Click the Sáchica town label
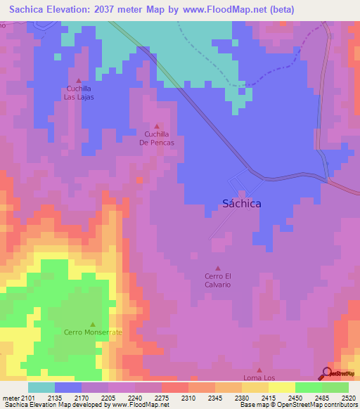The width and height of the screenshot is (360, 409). click(241, 203)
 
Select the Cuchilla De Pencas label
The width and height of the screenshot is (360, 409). click(156, 138)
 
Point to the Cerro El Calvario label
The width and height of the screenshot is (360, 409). click(217, 280)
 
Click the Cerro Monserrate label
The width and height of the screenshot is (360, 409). click(93, 332)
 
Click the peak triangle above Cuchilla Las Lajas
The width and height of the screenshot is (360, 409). click(78, 80)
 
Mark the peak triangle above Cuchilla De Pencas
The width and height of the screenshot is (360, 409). click(156, 126)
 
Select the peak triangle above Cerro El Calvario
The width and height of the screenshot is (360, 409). click(217, 268)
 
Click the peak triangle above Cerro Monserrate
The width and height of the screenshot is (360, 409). click(92, 323)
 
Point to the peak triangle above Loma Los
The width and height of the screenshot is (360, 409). click(259, 370)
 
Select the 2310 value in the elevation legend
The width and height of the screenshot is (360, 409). click(188, 397)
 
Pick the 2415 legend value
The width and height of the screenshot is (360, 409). click(268, 397)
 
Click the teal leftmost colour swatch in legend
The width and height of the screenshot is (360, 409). click(41, 387)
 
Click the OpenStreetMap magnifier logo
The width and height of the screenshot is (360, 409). click(327, 373)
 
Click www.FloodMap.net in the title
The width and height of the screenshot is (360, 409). click(224, 9)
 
